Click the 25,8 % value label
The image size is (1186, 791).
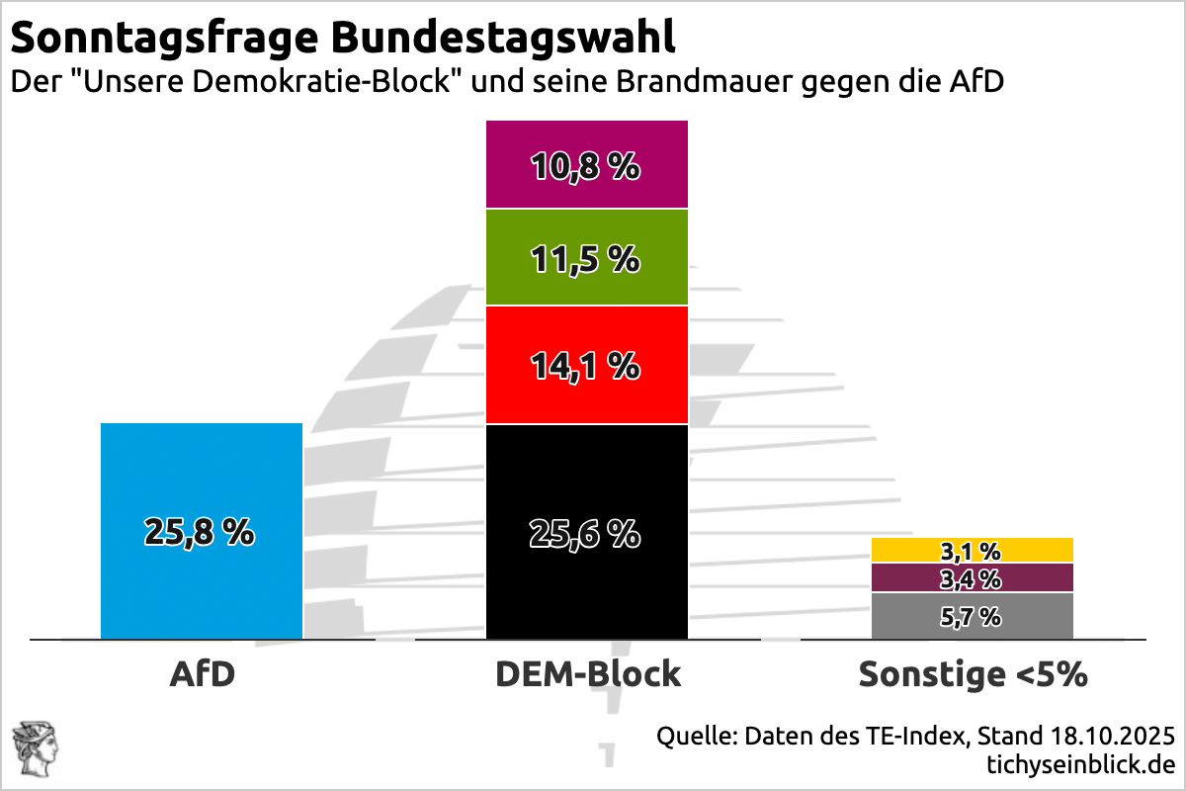pos(200,533)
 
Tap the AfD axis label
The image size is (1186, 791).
pos(202,674)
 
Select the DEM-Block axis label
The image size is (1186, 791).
pos(587,674)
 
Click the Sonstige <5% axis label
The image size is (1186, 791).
pos(973,674)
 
